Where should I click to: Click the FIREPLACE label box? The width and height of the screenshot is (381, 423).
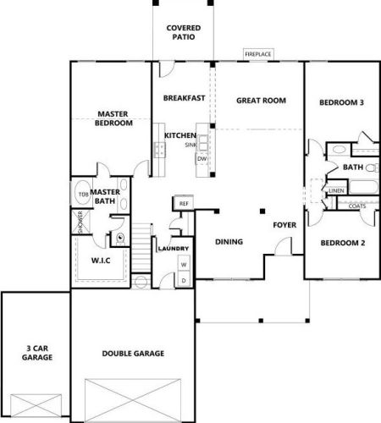pos(258,54)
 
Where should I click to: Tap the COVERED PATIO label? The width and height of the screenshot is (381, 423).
pos(184,32)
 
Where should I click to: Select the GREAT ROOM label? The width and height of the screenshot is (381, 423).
pos(261,101)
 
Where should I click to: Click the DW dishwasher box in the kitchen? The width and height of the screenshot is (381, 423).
pos(202,159)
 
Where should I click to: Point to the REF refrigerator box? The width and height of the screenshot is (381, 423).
pos(184,203)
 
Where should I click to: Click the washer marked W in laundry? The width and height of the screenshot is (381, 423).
pos(184,265)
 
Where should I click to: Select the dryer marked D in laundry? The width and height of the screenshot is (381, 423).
pos(184,280)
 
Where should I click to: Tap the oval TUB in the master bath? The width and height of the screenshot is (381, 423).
pos(83,194)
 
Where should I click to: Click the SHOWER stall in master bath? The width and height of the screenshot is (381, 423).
pos(80,222)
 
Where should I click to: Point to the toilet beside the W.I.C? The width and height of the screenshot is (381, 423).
pos(120,239)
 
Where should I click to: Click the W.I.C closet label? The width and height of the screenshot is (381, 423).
pos(101,261)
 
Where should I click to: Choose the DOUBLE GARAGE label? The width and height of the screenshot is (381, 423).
pos(133,354)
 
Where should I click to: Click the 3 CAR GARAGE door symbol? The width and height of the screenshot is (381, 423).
pos(36,405)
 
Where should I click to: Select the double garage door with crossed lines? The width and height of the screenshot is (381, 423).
pos(133,400)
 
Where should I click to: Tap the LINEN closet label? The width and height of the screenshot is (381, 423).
pos(336,191)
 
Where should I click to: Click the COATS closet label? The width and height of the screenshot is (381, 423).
pos(357,206)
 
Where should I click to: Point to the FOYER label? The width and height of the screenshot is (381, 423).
pos(284,225)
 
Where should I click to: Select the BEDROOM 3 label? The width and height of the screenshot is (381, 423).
pos(341,102)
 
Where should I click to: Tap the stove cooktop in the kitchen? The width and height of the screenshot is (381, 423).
pos(160,150)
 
